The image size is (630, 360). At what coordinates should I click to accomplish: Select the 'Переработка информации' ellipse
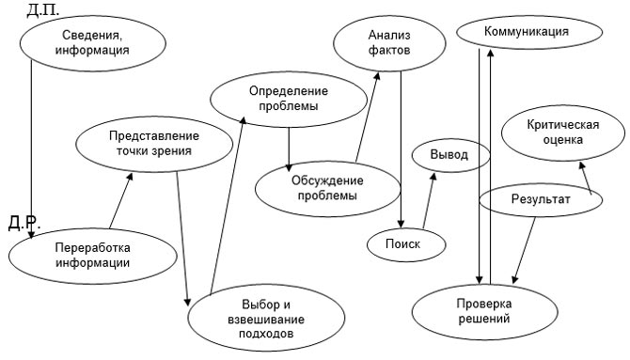tap(92, 255)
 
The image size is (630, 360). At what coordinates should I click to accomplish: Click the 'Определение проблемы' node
tap(288, 99)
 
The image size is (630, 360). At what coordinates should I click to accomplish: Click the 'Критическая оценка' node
tap(557, 133)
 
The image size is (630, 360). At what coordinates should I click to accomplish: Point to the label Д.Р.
tap(23, 223)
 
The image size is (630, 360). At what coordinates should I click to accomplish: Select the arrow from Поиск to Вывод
tap(429, 201)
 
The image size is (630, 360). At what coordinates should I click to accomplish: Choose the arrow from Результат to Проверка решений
tap(525, 248)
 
